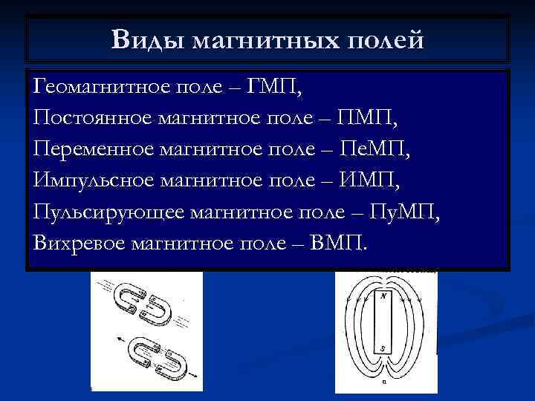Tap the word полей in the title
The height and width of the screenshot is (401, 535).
point(386,39)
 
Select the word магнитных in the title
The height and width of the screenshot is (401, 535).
point(265,39)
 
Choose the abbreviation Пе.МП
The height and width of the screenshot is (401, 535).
point(373,149)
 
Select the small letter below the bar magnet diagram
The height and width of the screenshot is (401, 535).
point(383,383)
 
